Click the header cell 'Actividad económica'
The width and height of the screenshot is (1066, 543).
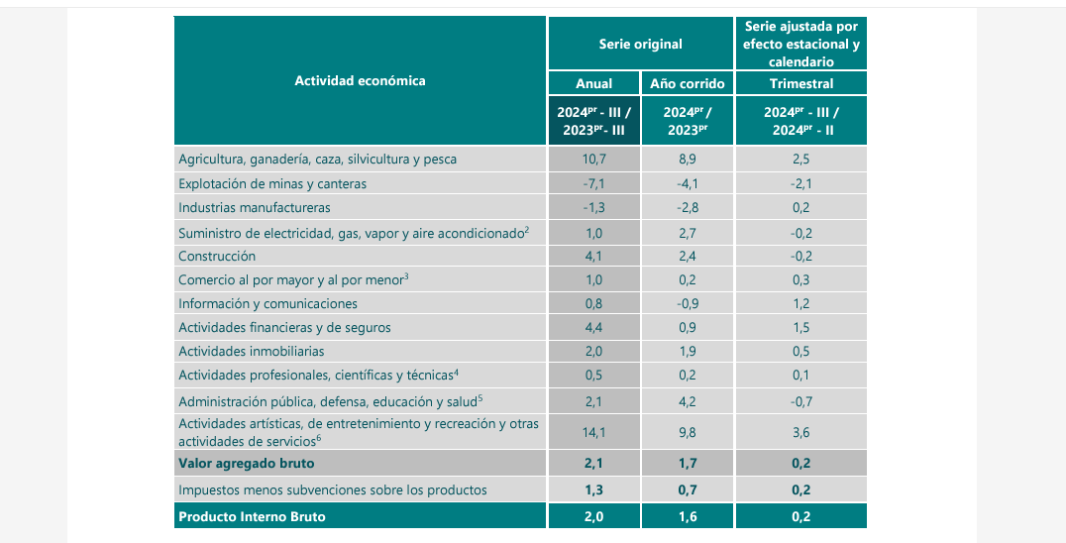360,80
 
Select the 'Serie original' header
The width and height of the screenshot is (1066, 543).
640,44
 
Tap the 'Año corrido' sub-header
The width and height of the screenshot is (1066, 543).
687,84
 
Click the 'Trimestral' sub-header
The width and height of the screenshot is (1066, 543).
800,84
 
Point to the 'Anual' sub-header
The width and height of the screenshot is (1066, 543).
593,84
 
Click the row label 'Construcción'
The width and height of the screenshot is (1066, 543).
217,256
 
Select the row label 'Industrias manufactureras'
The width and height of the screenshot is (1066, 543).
255,207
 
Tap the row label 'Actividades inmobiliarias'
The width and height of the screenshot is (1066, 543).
252,351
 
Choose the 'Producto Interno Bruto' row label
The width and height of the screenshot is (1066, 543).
252,516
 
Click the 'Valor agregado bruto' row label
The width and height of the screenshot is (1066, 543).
246,463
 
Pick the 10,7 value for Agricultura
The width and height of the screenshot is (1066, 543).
593,159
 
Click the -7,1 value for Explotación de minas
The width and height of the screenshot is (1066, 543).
593,183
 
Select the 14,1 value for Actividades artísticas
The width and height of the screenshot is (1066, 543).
593,431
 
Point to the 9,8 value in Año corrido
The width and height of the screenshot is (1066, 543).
687,431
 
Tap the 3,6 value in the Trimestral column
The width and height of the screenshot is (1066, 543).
800,431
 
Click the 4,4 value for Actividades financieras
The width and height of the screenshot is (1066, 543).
593,327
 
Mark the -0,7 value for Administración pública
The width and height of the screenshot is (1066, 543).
800,401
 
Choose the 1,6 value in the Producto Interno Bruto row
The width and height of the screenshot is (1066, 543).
687,516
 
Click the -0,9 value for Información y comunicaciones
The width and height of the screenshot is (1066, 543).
687,303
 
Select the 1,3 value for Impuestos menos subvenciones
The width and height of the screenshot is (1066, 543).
593,489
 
